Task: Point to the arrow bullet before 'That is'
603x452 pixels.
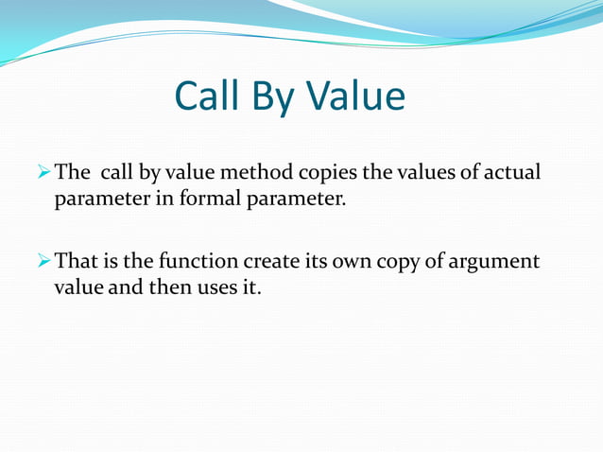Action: coord(43,261)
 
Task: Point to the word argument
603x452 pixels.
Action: coord(501,262)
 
